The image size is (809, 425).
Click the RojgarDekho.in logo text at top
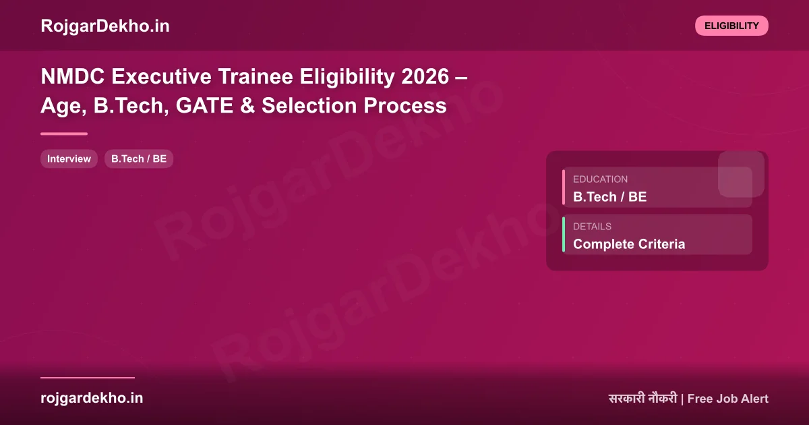[105, 26]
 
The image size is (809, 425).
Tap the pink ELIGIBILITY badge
[731, 26]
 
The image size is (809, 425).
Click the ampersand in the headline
[247, 106]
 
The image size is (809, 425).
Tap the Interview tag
[69, 159]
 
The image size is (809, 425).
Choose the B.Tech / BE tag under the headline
[139, 159]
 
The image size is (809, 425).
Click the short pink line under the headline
[64, 134]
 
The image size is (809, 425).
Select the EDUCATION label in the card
[600, 179]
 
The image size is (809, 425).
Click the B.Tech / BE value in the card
[609, 197]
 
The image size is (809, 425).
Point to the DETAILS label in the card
[592, 227]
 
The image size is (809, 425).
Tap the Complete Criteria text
[628, 244]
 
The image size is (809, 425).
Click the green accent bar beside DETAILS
[564, 235]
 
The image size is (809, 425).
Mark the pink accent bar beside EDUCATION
[564, 188]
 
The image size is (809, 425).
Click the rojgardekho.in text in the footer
[92, 398]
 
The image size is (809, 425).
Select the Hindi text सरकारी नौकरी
[642, 399]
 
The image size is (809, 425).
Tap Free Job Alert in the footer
[728, 399]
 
